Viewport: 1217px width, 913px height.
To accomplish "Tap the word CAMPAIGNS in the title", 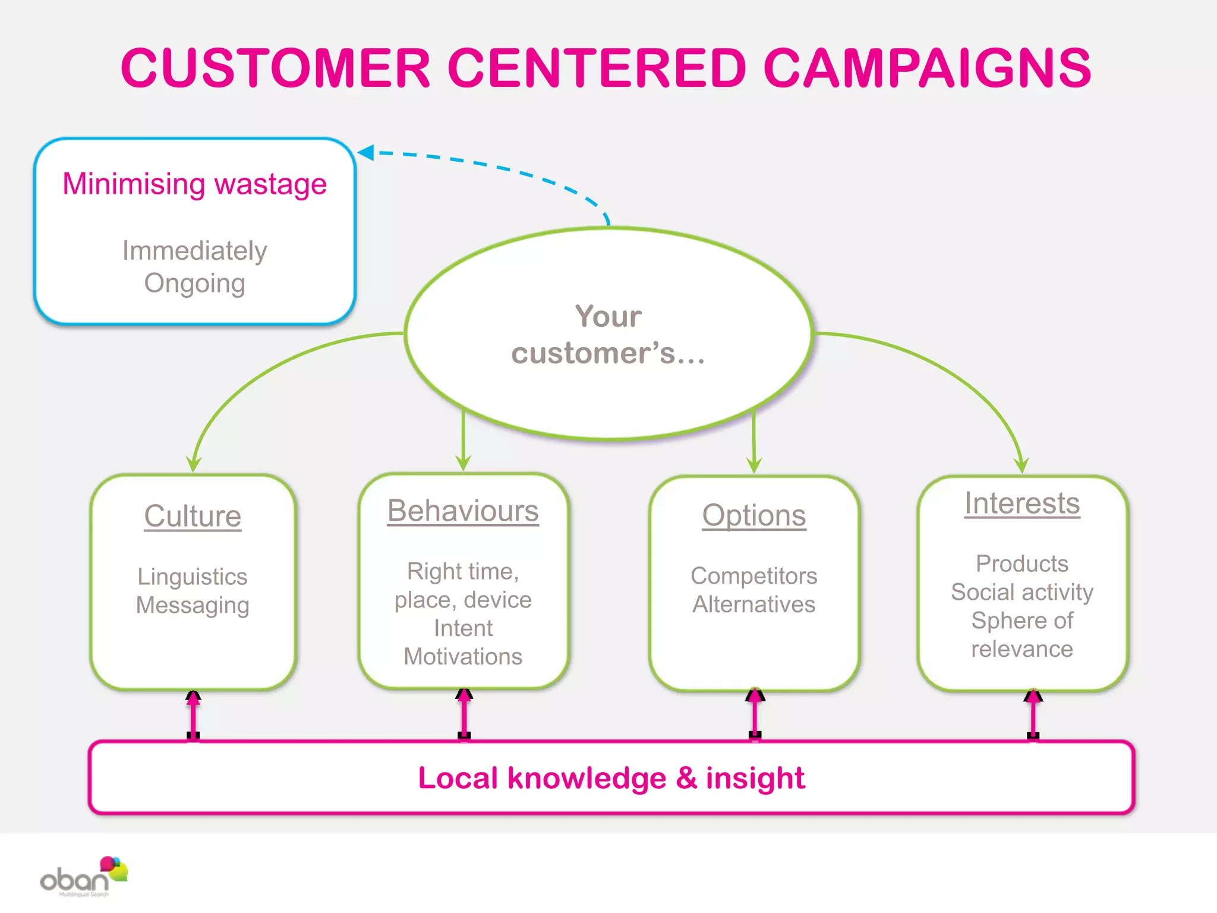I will pyautogui.click(x=927, y=68).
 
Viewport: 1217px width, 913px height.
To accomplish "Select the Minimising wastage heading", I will pyautogui.click(x=195, y=184).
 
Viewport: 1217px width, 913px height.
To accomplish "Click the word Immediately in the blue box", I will pyautogui.click(x=195, y=251).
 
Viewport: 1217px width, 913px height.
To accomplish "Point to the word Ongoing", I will pyautogui.click(x=195, y=283).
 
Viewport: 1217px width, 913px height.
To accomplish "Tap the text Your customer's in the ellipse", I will pyautogui.click(x=608, y=334).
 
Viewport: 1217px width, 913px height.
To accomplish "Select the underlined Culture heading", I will pyautogui.click(x=193, y=515).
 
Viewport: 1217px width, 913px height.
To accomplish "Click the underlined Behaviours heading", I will pyautogui.click(x=463, y=511).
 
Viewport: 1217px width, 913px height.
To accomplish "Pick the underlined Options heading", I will pyautogui.click(x=754, y=515).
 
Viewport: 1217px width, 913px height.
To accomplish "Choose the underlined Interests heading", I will pyautogui.click(x=1022, y=503).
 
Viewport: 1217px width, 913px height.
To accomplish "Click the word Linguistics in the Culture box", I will pyautogui.click(x=193, y=577).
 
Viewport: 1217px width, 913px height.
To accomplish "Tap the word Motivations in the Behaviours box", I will pyautogui.click(x=463, y=657).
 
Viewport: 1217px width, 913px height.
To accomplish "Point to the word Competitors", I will pyautogui.click(x=754, y=575).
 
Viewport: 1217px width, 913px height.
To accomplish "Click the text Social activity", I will pyautogui.click(x=1022, y=592).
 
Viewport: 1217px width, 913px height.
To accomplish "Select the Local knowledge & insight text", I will pyautogui.click(x=611, y=778).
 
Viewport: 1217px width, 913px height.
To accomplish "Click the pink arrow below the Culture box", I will pyautogui.click(x=193, y=715).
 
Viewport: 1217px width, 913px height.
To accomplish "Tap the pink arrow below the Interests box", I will pyautogui.click(x=1033, y=714).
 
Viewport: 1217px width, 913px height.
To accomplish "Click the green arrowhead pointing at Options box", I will pyautogui.click(x=754, y=464).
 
